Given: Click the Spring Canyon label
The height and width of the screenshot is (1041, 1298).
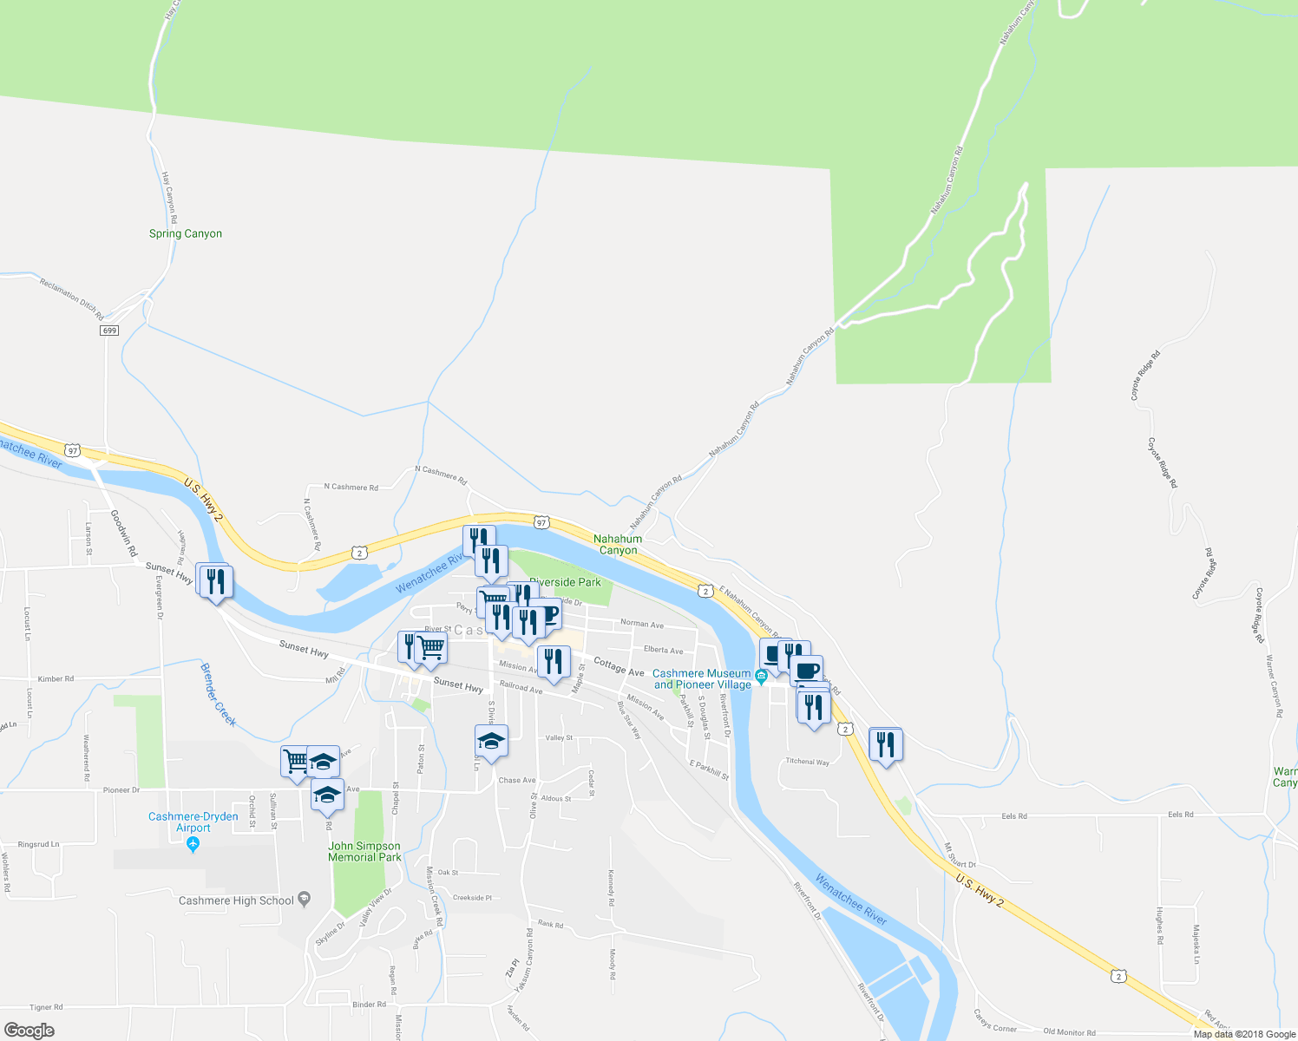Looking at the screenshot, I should coord(185,233).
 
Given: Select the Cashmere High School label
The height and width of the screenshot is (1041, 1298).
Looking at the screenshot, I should coord(236,900).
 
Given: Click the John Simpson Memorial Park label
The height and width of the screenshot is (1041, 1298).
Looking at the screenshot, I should coord(364,852).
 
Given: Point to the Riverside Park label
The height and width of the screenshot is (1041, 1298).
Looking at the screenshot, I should coord(565,582).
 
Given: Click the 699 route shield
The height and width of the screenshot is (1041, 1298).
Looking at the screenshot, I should coord(108,331).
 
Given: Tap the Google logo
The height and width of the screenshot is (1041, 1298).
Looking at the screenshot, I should coord(29,1031).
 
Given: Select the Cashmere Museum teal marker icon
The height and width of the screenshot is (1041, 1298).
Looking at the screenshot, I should coord(761,677).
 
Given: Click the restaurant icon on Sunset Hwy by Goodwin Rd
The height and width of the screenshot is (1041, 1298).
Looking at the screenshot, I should coord(214,581).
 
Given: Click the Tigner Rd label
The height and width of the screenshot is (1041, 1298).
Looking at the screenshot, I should coord(46,1007).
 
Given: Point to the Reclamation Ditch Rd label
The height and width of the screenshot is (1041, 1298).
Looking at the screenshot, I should coord(71,298).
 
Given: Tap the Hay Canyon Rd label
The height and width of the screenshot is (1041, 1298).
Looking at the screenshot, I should coord(170,198).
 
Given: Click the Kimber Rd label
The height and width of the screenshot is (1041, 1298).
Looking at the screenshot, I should coord(56,679).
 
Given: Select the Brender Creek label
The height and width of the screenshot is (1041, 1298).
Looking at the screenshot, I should coord(218,695).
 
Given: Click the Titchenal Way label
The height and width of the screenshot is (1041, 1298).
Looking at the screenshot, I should coord(807,762).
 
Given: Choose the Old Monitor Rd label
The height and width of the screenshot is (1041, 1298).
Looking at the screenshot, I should coord(1069,1032).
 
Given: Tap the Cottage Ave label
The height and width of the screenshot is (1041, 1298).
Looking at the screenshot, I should coord(619,666).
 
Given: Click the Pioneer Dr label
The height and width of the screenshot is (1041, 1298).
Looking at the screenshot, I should coord(121,790).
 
